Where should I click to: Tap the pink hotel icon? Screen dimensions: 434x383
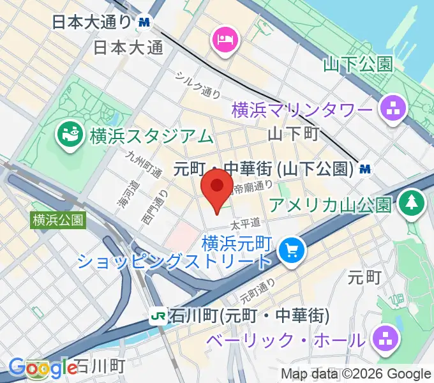(223, 40)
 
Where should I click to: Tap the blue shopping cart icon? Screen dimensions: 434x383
(291, 248)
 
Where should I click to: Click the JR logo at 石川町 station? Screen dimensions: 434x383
(156, 315)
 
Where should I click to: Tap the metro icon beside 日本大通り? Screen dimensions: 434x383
(144, 22)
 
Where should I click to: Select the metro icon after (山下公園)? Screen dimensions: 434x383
(365, 169)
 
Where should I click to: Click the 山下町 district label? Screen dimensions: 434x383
(292, 134)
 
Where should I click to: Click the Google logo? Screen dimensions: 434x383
(43, 368)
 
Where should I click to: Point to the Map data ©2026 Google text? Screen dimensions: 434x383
(356, 374)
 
